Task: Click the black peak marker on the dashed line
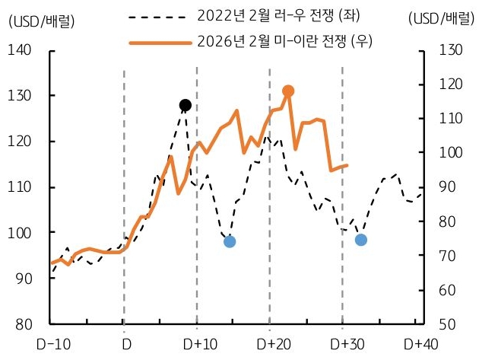tap(185, 105)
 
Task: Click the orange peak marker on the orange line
tap(288, 91)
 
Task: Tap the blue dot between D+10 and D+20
tap(230, 241)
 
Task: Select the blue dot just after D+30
tap(361, 240)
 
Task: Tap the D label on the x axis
tap(125, 344)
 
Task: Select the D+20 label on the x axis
tap(271, 344)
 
